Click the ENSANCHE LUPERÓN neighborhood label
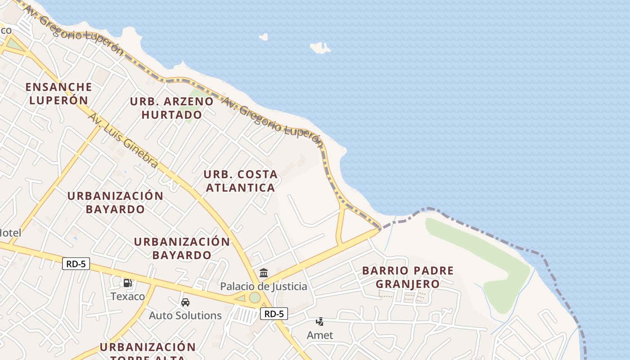click(x=58, y=93)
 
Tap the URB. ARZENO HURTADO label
click(x=171, y=108)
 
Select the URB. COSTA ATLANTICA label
click(x=240, y=181)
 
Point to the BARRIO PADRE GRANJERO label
click(x=408, y=277)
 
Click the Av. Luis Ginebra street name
click(x=123, y=140)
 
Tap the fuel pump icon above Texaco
click(x=128, y=283)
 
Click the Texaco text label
click(x=128, y=296)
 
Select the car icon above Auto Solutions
click(x=185, y=302)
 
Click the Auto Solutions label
click(x=185, y=315)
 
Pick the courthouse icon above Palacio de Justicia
click(x=264, y=273)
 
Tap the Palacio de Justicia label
click(x=264, y=286)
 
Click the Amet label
click(x=320, y=335)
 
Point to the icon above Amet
click(x=319, y=322)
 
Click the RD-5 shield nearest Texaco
click(x=76, y=264)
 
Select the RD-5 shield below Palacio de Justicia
click(x=274, y=314)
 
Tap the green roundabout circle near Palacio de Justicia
click(x=255, y=297)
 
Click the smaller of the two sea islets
click(x=263, y=37)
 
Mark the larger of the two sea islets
click(x=320, y=47)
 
